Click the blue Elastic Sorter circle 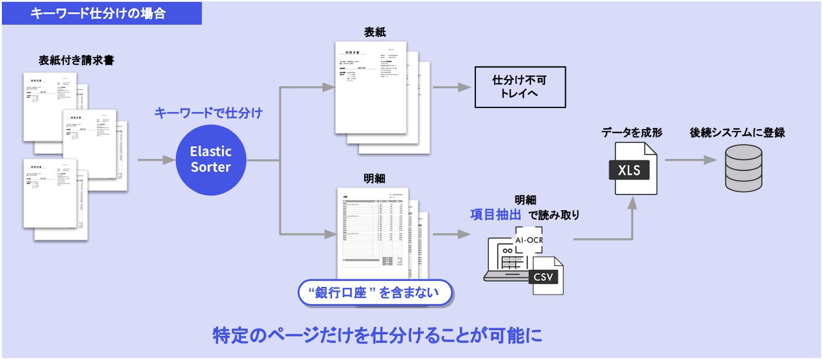pos(211,160)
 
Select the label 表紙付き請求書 pos(76,61)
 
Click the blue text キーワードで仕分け pos(208,113)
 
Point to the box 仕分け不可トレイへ pos(520,87)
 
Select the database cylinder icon pos(743,168)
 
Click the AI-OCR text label pos(529,240)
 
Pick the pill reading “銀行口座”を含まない pos(375,293)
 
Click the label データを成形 pos(632,133)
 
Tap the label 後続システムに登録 pos(737,133)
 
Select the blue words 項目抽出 pos(495,215)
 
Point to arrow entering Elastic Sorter pos(156,160)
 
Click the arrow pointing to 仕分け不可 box pos(452,87)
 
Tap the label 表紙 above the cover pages pos(374,32)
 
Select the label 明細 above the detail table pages pos(374,178)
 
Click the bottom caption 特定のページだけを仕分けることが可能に pos(377,335)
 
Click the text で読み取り pos(554,215)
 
